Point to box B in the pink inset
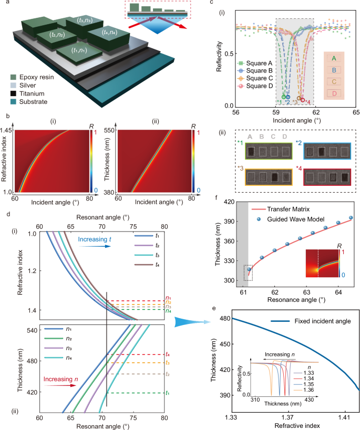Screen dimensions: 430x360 click(x=332, y=69)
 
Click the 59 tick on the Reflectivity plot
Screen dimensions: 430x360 click(x=276, y=113)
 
